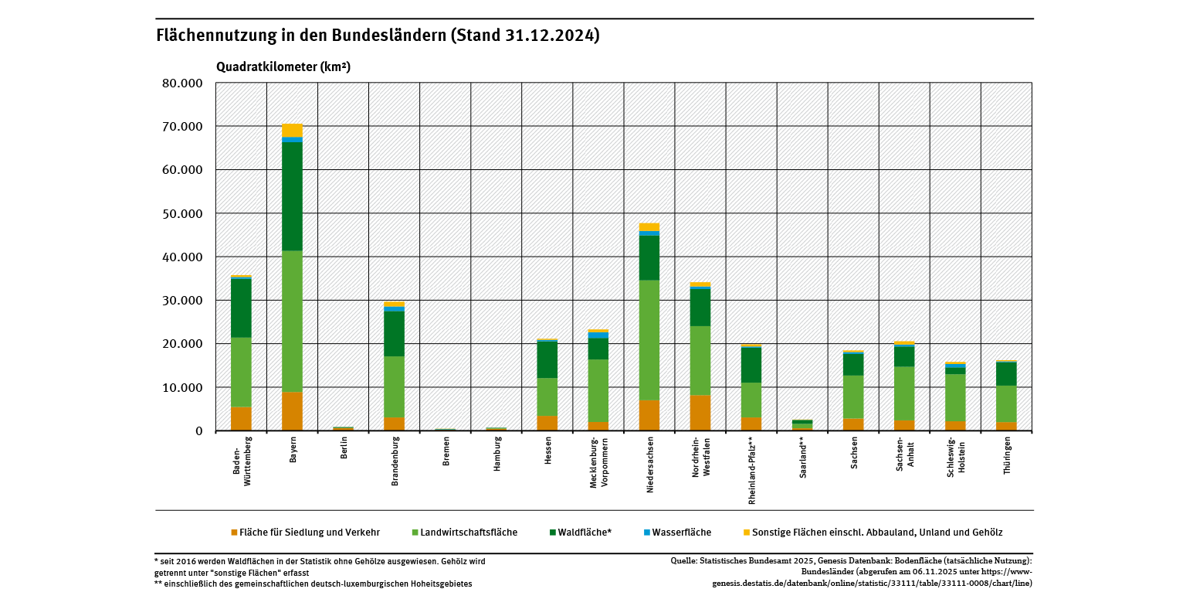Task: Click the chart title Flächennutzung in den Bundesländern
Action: pyautogui.click(x=378, y=36)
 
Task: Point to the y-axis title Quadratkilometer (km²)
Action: pyautogui.click(x=283, y=67)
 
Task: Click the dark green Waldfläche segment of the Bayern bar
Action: pyautogui.click(x=292, y=196)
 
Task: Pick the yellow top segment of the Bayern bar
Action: pyautogui.click(x=292, y=130)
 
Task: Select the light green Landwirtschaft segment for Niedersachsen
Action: pyautogui.click(x=649, y=340)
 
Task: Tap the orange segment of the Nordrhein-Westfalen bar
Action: pyautogui.click(x=700, y=413)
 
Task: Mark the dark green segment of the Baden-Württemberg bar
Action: pyautogui.click(x=241, y=308)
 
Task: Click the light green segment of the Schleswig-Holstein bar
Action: pyautogui.click(x=955, y=397)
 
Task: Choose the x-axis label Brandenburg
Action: pyautogui.click(x=395, y=461)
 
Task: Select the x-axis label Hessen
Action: pyautogui.click(x=548, y=451)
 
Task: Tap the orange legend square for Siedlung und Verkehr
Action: pyautogui.click(x=235, y=533)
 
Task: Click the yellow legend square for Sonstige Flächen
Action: pyautogui.click(x=746, y=533)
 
